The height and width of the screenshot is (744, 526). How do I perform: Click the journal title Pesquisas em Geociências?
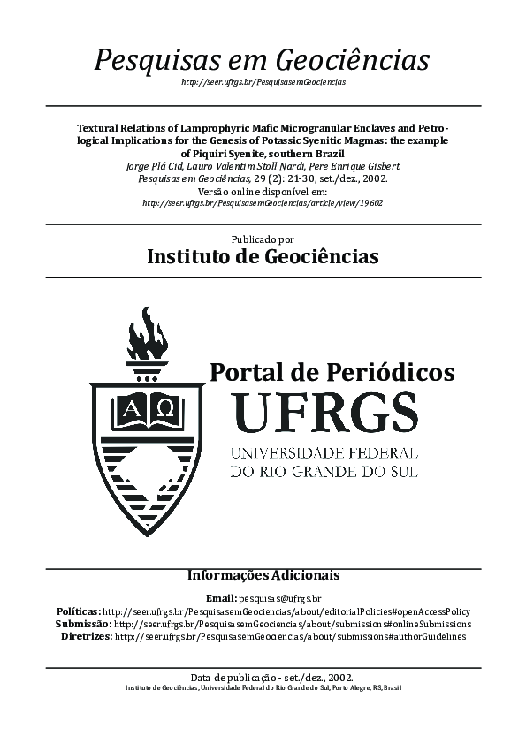(x=263, y=60)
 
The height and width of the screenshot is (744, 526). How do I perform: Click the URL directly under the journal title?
(x=263, y=82)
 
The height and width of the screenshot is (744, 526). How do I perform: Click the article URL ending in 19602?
(x=263, y=202)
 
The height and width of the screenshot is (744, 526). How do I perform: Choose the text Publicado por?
(x=263, y=239)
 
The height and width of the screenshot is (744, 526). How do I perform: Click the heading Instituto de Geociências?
(x=263, y=257)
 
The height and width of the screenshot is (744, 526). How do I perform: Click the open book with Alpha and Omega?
(x=147, y=408)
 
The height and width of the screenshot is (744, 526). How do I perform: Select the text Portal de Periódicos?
(x=332, y=372)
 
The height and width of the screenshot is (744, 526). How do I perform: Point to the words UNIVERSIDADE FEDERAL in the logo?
(x=324, y=452)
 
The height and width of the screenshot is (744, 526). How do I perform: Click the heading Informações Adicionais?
(x=263, y=575)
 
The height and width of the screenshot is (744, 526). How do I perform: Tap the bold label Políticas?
(x=78, y=611)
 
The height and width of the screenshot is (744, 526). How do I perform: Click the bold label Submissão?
(x=83, y=624)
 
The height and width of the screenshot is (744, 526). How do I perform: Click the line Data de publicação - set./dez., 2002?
(x=263, y=677)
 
